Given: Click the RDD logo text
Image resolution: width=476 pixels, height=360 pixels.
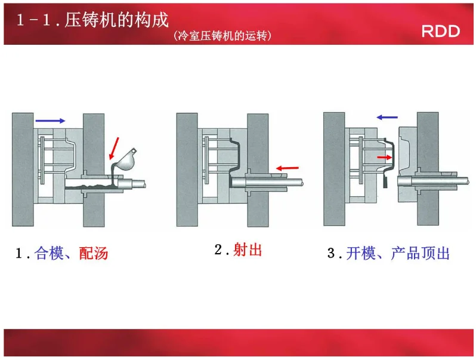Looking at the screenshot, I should click(441, 31).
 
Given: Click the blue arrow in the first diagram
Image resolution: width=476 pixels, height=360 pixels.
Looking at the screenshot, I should click(50, 121).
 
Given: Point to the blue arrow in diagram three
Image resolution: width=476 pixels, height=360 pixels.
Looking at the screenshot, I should click(387, 118).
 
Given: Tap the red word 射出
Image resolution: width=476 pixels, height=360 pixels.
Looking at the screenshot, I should click(248, 250).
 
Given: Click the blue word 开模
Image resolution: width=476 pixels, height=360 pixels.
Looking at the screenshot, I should click(361, 253).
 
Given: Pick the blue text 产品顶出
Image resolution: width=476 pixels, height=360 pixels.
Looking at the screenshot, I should click(420, 253).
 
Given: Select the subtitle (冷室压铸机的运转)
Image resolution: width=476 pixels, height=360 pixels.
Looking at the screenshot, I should click(222, 36).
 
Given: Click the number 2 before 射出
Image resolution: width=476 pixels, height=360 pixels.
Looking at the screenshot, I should click(218, 250).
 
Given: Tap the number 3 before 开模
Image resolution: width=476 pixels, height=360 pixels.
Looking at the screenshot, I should click(332, 254).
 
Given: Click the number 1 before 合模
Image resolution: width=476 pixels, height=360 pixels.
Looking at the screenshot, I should click(20, 254).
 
